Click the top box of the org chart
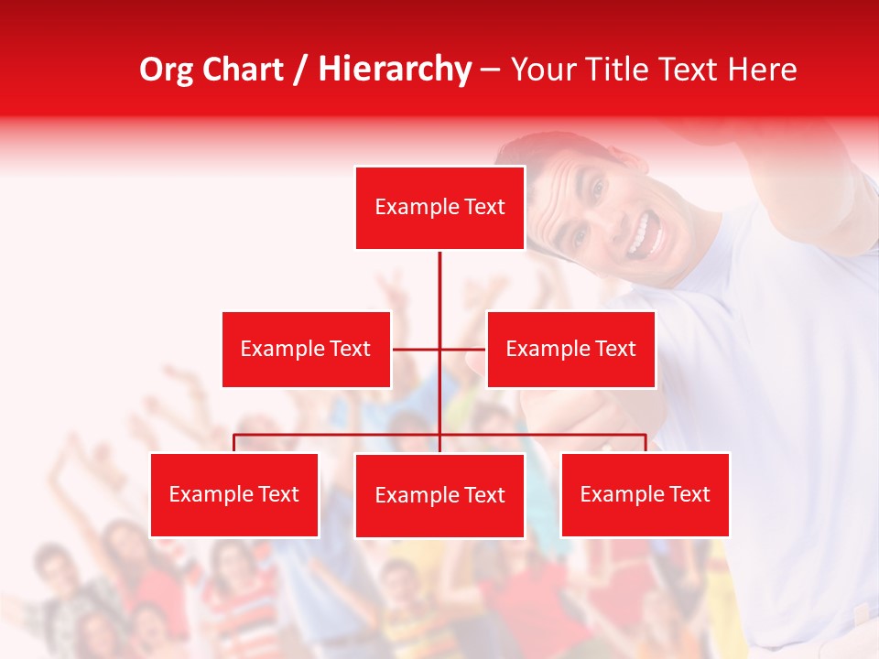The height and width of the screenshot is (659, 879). pyautogui.click(x=439, y=208)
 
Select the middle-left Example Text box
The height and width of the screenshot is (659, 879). pyautogui.click(x=306, y=349)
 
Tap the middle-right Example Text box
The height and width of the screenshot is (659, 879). pyautogui.click(x=570, y=349)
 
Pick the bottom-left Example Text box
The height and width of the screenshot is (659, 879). pyautogui.click(x=234, y=494)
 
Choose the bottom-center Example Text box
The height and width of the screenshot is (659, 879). pyautogui.click(x=439, y=495)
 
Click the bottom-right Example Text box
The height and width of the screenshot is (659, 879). pyautogui.click(x=645, y=494)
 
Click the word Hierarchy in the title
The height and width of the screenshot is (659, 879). pyautogui.click(x=395, y=70)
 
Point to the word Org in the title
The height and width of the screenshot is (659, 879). pyautogui.click(x=166, y=70)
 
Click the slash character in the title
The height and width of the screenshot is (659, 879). pyautogui.click(x=299, y=70)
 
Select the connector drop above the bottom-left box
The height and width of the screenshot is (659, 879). pyautogui.click(x=234, y=443)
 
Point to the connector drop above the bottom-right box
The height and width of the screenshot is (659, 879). pyautogui.click(x=646, y=443)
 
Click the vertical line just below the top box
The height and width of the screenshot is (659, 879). pyautogui.click(x=439, y=275)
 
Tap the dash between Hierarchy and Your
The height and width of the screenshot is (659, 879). pyautogui.click(x=490, y=70)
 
